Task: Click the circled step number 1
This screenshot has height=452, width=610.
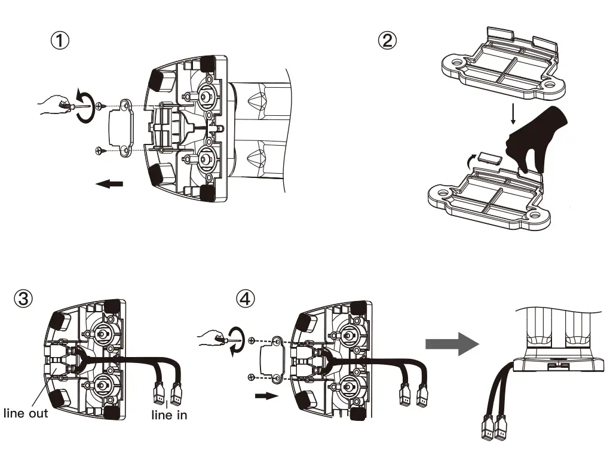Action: [60, 41]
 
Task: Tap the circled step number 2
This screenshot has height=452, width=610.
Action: [387, 41]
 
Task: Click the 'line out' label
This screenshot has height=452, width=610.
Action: [26, 413]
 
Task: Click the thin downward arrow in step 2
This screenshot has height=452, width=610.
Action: [512, 113]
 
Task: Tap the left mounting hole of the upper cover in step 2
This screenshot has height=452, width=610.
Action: [459, 62]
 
